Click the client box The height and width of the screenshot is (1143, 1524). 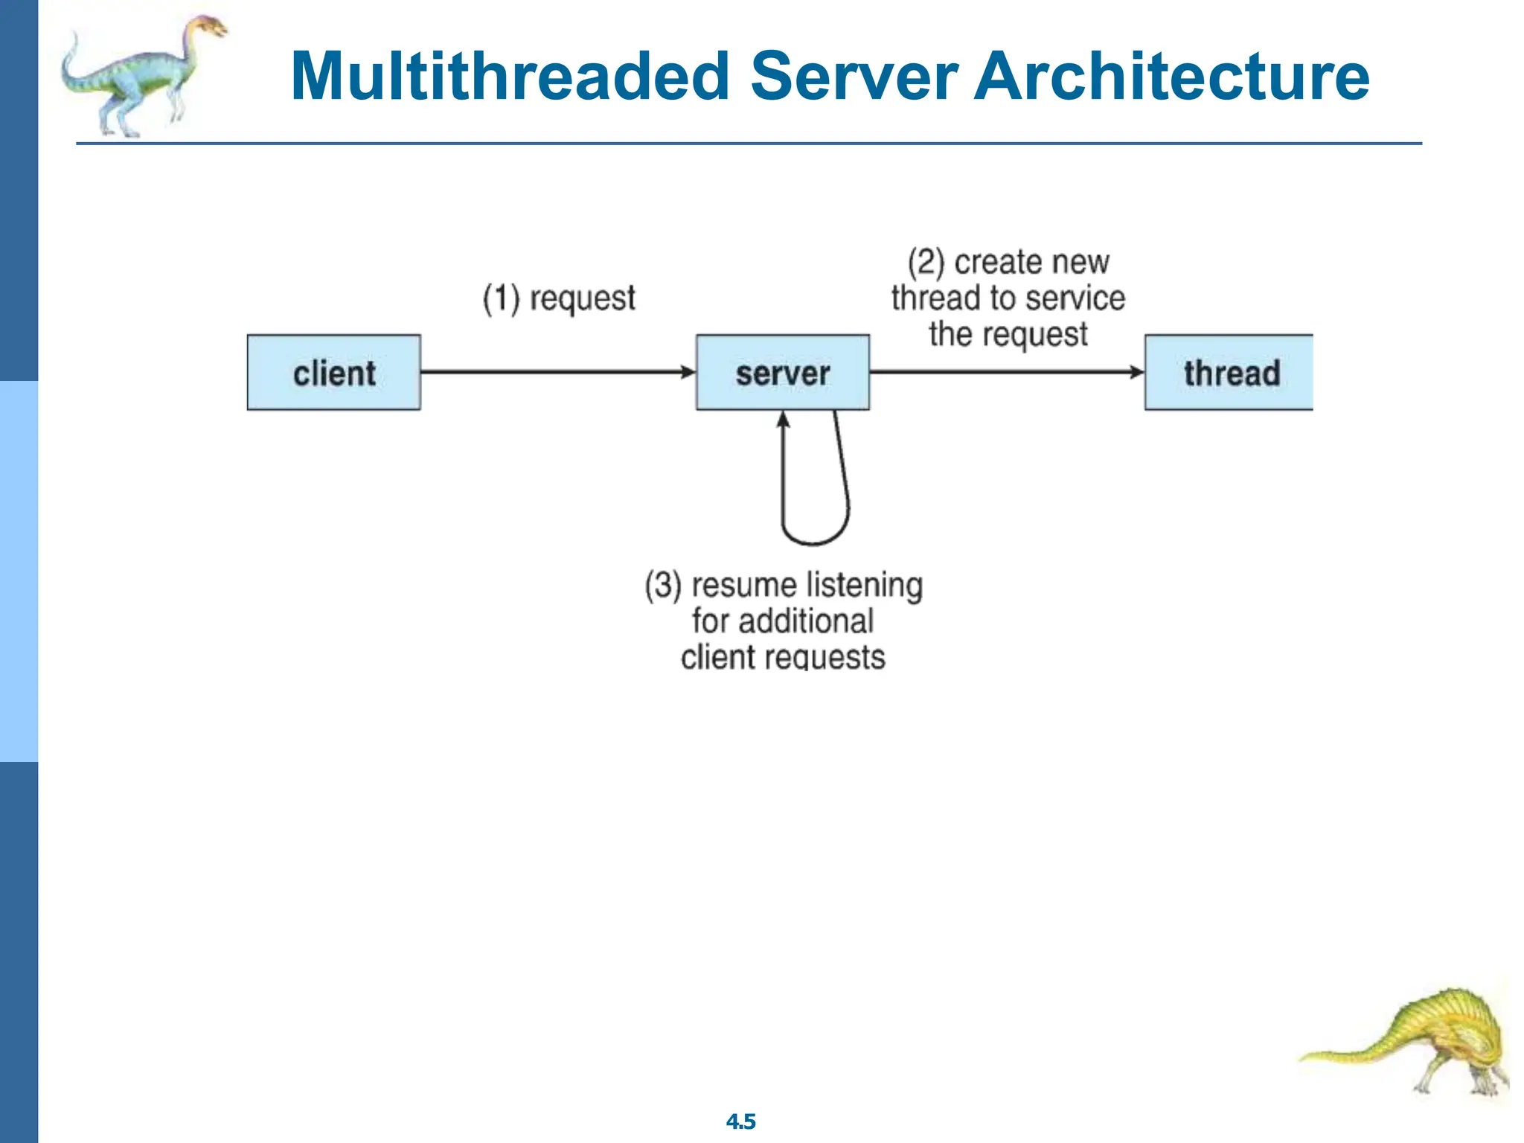pos(333,372)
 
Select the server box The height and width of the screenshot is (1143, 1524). pos(782,372)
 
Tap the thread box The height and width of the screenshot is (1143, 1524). pos(1229,372)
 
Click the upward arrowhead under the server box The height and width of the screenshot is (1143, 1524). pos(783,420)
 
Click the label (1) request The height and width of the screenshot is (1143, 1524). pos(559,298)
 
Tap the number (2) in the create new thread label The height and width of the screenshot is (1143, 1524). pos(926,262)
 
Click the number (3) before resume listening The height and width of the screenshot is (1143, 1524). pos(662,585)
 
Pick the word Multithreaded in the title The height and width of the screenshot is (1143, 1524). pos(510,76)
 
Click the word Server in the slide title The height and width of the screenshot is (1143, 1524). pos(854,76)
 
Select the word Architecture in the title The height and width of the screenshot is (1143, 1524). pos(1171,76)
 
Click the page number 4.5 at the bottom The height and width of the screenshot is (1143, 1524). pos(740,1121)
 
